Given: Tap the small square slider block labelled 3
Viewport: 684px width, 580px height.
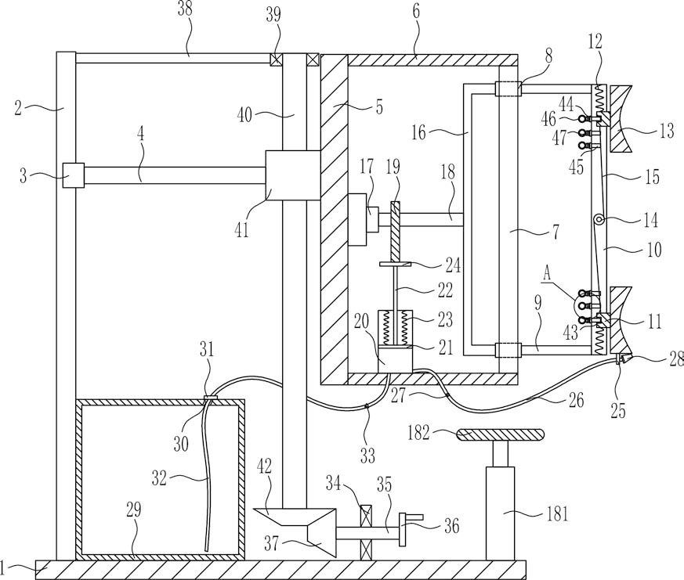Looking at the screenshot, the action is pyautogui.click(x=74, y=175).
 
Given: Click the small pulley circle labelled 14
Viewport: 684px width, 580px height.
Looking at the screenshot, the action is pyautogui.click(x=598, y=221).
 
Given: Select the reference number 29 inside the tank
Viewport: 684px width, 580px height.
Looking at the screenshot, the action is pyautogui.click(x=134, y=510).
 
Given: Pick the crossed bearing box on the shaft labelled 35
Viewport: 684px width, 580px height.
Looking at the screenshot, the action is pyautogui.click(x=365, y=531).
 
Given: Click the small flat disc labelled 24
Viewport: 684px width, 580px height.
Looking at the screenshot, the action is pyautogui.click(x=396, y=264).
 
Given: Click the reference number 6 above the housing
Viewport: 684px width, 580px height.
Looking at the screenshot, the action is pyautogui.click(x=416, y=11).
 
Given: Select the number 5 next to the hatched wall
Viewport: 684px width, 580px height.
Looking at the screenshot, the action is pyautogui.click(x=378, y=106).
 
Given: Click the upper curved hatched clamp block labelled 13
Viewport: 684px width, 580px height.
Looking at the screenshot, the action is pyautogui.click(x=621, y=118).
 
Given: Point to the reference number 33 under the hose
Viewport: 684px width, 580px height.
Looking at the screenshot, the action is pyautogui.click(x=367, y=456).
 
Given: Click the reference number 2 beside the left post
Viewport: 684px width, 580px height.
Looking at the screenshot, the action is pyautogui.click(x=18, y=108).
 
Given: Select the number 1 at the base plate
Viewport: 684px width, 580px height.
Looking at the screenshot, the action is pyautogui.click(x=3, y=567).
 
